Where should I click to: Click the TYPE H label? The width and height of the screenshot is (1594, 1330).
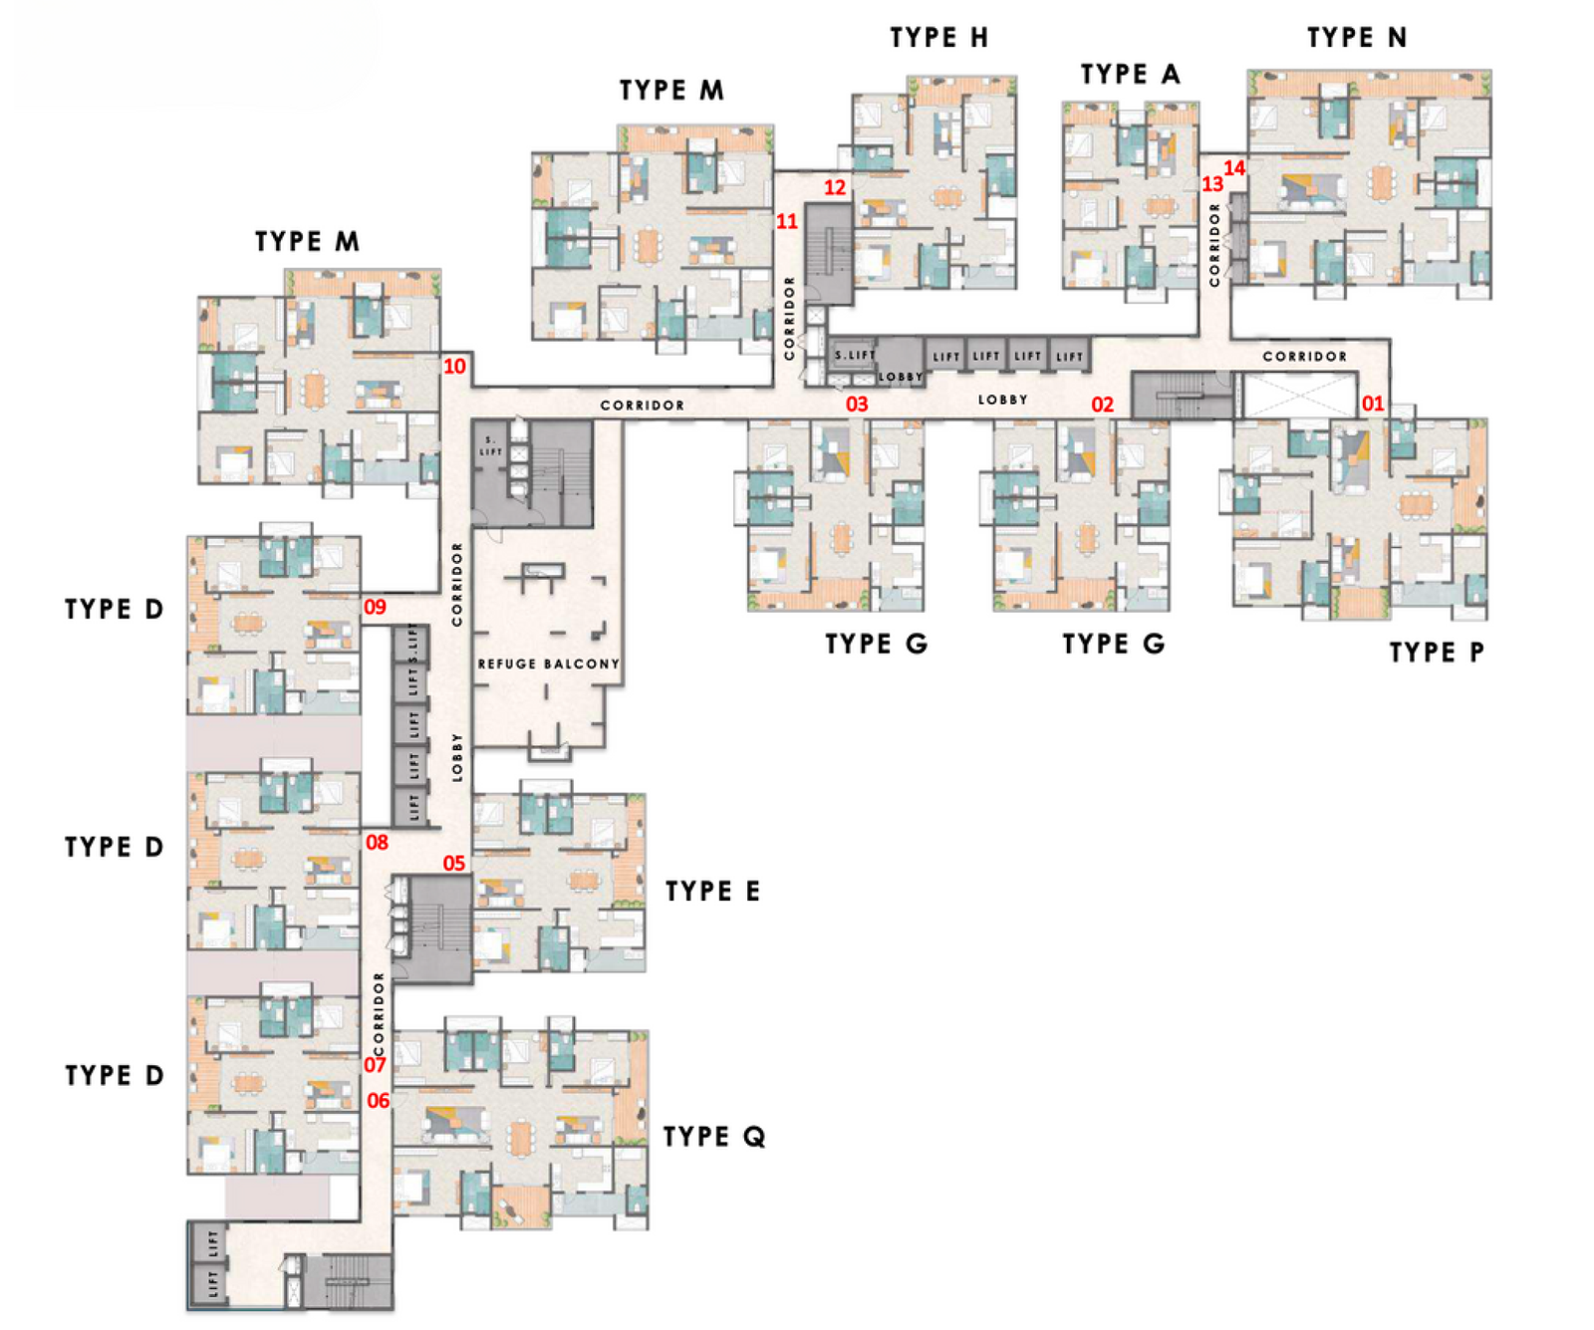(938, 38)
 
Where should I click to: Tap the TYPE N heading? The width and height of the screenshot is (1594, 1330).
(1357, 38)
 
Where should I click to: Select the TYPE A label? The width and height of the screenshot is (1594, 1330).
(1130, 75)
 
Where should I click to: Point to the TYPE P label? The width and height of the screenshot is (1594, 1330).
(1437, 653)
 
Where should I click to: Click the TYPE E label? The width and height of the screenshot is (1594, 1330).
(712, 891)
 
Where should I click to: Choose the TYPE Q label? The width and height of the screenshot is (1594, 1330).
(714, 1137)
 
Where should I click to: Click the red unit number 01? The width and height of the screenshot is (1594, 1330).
(1373, 403)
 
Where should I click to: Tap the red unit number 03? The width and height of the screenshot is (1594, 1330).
(857, 404)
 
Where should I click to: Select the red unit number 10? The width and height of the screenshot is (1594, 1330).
(454, 367)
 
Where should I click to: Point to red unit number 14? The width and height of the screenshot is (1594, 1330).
(1234, 168)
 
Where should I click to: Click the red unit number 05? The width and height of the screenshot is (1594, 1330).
(454, 863)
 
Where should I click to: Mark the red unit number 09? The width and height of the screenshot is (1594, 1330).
(375, 607)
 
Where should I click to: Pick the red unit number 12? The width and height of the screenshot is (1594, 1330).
(835, 187)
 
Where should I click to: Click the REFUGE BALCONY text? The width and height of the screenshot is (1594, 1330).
(548, 665)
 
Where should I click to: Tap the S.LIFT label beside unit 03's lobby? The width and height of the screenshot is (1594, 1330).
(855, 355)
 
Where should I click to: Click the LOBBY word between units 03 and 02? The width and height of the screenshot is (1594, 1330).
(1002, 399)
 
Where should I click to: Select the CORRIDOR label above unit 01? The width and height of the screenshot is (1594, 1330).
(1304, 357)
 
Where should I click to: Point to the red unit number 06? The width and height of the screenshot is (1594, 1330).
(379, 1101)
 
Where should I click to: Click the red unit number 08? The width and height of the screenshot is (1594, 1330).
(377, 843)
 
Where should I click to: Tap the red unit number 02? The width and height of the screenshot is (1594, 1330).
(1102, 404)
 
